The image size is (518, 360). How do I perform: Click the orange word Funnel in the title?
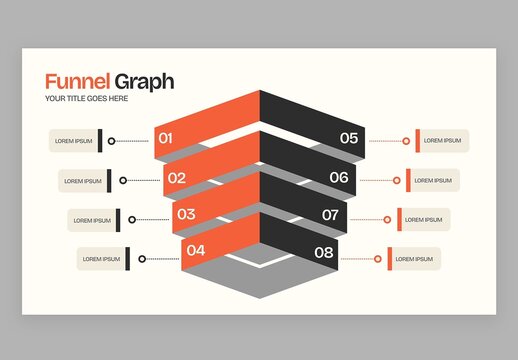(77, 82)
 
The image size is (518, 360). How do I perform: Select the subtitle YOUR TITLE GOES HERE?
(87, 99)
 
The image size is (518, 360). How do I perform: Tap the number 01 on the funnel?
(166, 139)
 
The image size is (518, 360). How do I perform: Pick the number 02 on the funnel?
(176, 179)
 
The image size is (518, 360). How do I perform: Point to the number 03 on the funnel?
(186, 214)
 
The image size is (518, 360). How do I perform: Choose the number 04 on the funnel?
(196, 250)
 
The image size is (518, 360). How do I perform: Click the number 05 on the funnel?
(349, 139)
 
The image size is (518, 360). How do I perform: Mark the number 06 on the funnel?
(339, 178)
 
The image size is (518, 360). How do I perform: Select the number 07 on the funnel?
(330, 215)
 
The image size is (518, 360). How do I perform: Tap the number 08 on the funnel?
(323, 252)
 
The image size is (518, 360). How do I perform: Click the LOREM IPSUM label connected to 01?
(73, 141)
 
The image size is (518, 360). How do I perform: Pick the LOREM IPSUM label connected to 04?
(101, 259)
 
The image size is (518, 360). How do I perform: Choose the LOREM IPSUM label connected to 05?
(444, 141)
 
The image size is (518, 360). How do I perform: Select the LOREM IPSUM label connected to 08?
(415, 259)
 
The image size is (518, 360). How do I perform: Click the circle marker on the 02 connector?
(123, 181)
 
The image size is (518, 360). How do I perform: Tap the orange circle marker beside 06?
(396, 181)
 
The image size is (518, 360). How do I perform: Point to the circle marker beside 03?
(133, 219)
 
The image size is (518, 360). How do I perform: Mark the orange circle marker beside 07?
(387, 219)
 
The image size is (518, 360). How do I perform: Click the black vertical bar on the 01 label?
(100, 141)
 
